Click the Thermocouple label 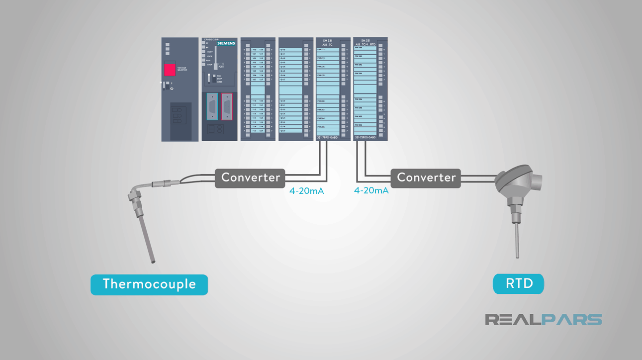tap(149, 284)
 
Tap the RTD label tap(519, 284)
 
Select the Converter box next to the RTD tap(426, 178)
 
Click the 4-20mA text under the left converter tap(307, 190)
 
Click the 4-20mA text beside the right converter tap(371, 190)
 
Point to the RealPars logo tap(544, 320)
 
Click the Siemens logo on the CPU tap(227, 43)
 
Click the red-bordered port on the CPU tap(227, 107)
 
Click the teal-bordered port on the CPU tap(212, 107)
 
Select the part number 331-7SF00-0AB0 tap(365, 137)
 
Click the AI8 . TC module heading tap(327, 44)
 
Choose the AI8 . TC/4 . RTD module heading tap(366, 44)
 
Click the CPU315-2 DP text tap(211, 39)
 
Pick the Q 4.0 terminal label tap(283, 50)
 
